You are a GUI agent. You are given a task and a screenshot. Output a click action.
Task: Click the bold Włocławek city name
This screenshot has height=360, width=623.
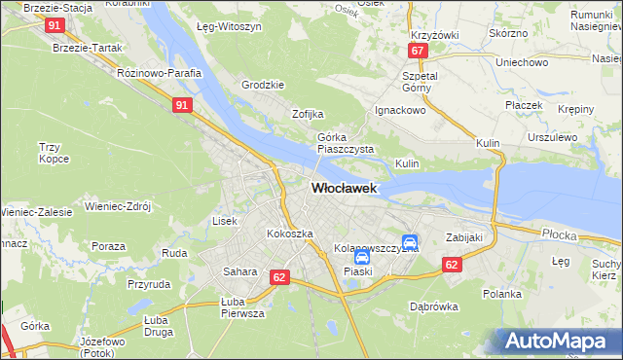coord(344,188)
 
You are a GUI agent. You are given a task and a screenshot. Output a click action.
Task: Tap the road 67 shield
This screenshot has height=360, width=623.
coord(417,51)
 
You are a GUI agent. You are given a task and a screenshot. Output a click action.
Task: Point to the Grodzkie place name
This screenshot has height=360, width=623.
coord(262,85)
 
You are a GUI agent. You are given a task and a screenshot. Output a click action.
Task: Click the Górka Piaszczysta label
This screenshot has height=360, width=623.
coord(339,144)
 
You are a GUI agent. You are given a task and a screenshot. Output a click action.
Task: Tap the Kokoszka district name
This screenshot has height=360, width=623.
coord(290,234)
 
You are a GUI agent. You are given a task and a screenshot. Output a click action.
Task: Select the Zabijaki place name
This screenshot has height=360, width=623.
coord(464,236)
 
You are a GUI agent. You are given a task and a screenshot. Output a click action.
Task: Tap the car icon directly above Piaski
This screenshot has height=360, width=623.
coord(361,258)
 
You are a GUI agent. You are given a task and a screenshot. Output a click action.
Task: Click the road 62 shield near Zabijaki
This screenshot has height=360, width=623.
coord(451,264)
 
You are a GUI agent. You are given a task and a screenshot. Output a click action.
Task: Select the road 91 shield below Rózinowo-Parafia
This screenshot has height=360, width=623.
coord(182,105)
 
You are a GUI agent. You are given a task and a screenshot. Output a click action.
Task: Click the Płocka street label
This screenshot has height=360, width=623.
coord(560,234)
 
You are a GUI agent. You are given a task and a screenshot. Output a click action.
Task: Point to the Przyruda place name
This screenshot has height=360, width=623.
coord(149,285)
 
